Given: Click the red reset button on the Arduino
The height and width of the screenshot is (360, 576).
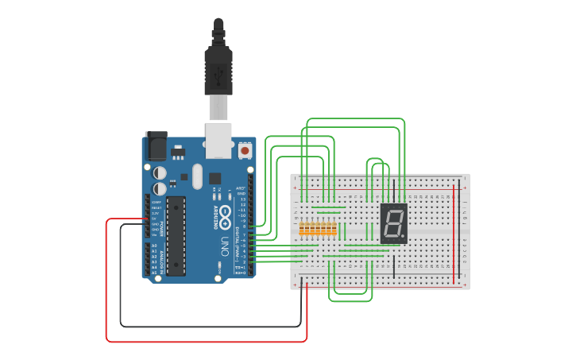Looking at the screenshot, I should [245, 150].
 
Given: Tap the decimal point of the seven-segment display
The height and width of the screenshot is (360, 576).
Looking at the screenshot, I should [404, 238].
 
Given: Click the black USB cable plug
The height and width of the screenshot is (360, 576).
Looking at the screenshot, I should [218, 68].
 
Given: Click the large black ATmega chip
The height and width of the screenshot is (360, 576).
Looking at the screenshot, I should [176, 235].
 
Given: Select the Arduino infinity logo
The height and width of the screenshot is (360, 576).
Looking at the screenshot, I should [226, 214].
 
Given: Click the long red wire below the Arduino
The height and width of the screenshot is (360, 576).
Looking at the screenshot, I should [207, 342].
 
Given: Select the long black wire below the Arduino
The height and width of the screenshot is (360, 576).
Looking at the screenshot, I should [211, 326].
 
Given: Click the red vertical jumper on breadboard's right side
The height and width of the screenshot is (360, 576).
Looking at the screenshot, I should [455, 234].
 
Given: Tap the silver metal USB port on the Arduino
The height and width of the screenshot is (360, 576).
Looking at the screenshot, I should [218, 137].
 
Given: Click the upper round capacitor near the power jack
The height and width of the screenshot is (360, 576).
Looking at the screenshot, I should [160, 172].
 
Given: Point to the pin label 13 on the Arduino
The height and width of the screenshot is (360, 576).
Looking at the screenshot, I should [243, 199].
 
